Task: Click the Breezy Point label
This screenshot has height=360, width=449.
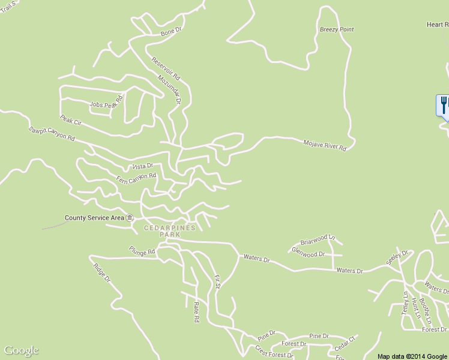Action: point(337,29)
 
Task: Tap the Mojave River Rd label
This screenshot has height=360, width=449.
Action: point(325,144)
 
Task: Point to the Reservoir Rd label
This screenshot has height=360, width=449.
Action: point(166,68)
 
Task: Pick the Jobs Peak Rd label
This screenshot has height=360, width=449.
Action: point(106,102)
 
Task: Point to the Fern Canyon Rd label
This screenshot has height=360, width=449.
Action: point(136,178)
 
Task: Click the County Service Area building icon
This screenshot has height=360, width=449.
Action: point(130,218)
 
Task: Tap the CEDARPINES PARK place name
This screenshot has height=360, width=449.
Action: point(169,232)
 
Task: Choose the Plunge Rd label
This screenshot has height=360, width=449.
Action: point(142,250)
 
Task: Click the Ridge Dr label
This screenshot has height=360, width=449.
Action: point(103,271)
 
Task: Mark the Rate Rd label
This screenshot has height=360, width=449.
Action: point(196,312)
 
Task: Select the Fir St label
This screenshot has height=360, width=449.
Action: point(218,282)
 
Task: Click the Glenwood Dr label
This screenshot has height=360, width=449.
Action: point(308,253)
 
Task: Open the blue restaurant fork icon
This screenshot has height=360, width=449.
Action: point(443,105)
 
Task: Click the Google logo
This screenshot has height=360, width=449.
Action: point(21,351)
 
